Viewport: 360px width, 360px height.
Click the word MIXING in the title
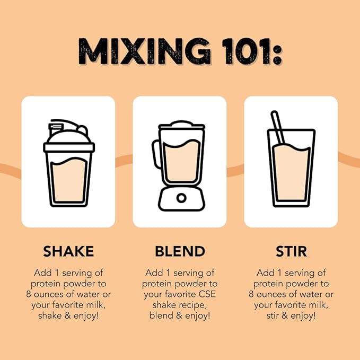click(144, 51)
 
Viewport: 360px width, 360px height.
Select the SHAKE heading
click(68, 251)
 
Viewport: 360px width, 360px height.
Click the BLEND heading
click(180, 251)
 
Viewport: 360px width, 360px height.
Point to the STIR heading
click(291, 251)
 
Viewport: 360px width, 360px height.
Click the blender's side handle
click(156, 154)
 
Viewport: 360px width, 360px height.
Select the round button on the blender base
click(181, 198)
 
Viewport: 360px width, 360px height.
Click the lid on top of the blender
click(181, 125)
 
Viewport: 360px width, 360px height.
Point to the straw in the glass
click(278, 128)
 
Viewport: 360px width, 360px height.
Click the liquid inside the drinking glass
click(291, 172)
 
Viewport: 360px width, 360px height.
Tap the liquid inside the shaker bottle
click(69, 180)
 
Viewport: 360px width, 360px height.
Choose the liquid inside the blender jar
click(181, 161)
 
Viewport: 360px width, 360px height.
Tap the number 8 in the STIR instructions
click(251, 294)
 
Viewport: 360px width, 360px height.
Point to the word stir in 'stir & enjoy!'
click(273, 315)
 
